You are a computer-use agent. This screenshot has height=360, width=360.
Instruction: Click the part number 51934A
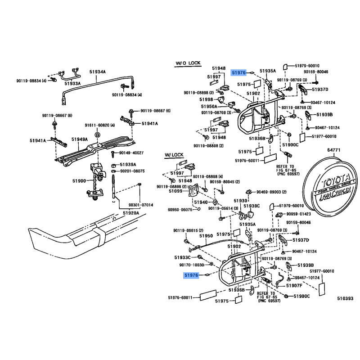pyautogui.click(x=97, y=72)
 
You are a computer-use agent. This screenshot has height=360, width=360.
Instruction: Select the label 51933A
pyautogui.click(x=72, y=84)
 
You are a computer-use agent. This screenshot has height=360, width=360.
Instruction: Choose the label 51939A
pyautogui.click(x=127, y=164)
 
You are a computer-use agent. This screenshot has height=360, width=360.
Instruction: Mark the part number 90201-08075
pyautogui.click(x=131, y=171)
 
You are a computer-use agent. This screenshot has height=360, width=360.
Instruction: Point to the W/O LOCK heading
pyautogui.click(x=188, y=63)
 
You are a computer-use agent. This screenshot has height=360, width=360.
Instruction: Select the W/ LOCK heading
pyautogui.click(x=175, y=155)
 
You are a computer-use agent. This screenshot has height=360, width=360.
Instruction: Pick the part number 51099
pyautogui.click(x=176, y=191)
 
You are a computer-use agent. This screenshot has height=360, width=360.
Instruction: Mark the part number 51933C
pyautogui.click(x=183, y=257)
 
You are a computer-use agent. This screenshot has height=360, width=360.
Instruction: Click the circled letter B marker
pyautogui.click(x=97, y=135)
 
